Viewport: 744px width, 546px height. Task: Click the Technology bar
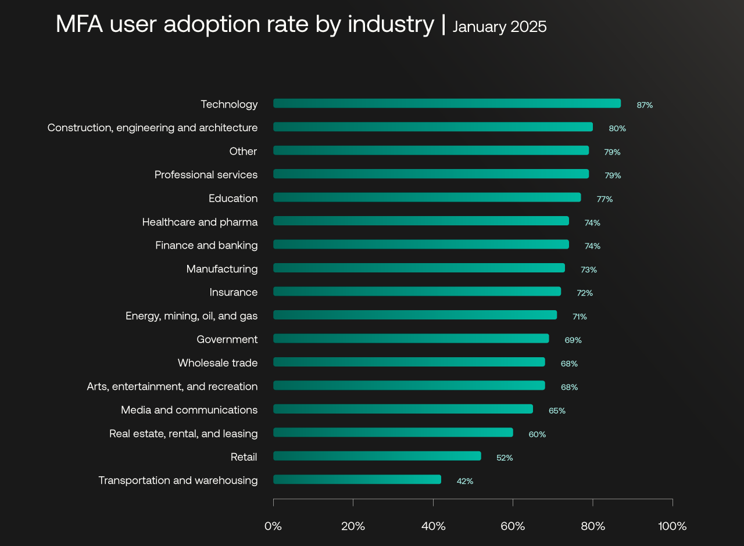pos(446,103)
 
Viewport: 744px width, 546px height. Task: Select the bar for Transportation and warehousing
pos(357,479)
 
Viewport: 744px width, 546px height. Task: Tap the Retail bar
pos(377,456)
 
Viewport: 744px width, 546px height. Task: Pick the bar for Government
pos(410,339)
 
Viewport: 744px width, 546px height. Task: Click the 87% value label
pos(645,105)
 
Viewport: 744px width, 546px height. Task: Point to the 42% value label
pos(465,481)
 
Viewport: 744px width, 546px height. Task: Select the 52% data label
pos(505,458)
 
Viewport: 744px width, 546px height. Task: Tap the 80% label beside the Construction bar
pos(617,128)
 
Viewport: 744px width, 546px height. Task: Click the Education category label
pos(233,199)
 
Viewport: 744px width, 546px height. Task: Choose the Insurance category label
pos(234,292)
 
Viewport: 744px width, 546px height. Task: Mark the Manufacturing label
pos(222,269)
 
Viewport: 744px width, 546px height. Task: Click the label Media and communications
pos(189,410)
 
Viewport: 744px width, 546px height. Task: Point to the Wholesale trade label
pos(217,363)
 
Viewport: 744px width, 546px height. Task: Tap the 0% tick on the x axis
pos(273,527)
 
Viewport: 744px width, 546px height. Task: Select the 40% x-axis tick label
pos(433,527)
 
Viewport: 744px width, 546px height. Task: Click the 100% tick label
pos(673,527)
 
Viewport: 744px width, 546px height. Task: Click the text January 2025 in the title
pos(499,27)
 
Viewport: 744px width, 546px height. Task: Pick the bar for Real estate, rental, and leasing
pos(393,432)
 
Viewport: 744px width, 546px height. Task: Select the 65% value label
pos(557,411)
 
